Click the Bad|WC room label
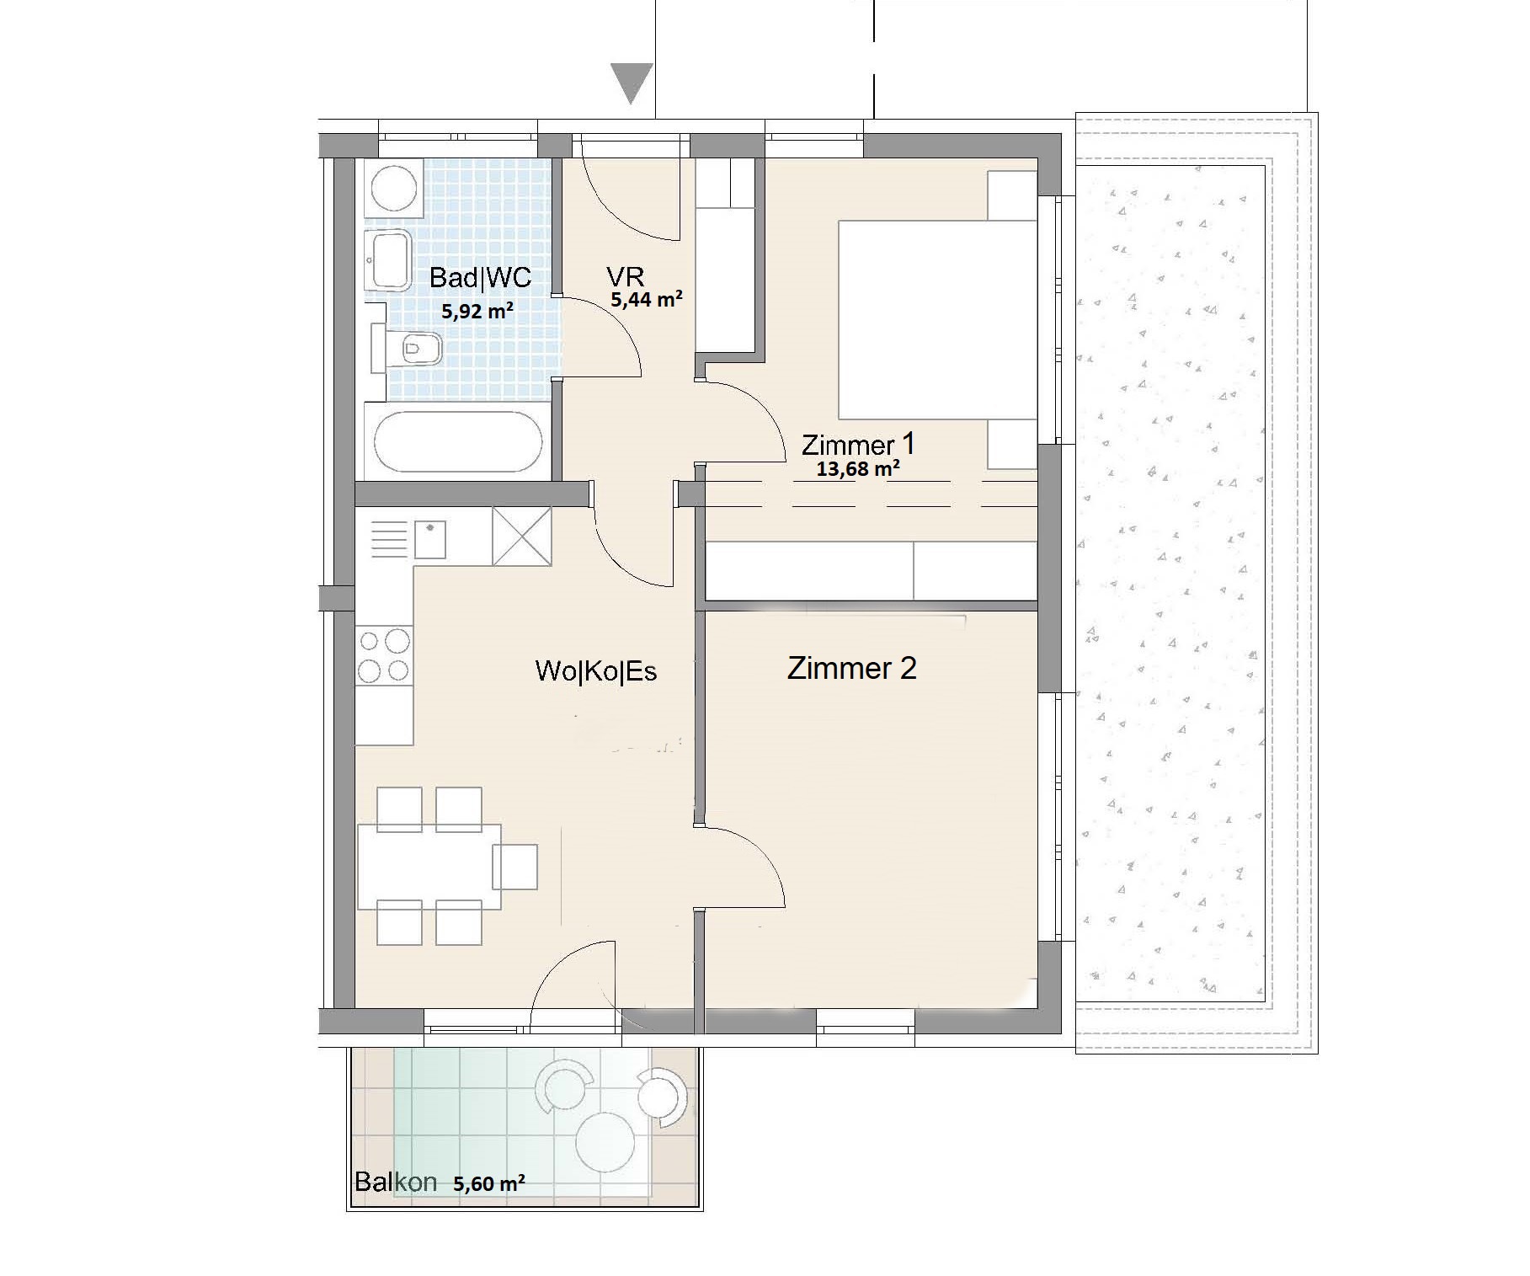[480, 277]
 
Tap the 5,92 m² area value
[477, 311]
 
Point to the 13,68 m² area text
[857, 468]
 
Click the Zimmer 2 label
[851, 668]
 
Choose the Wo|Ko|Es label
[596, 671]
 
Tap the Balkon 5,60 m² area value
[489, 1183]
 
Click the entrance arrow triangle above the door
[632, 83]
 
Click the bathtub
[457, 442]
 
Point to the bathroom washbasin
[388, 259]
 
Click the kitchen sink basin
[430, 540]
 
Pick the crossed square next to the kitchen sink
[522, 537]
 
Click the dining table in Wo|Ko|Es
[429, 867]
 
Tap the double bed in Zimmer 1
[937, 320]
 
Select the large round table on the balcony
[605, 1141]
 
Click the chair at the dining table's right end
[514, 867]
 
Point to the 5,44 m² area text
[647, 298]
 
